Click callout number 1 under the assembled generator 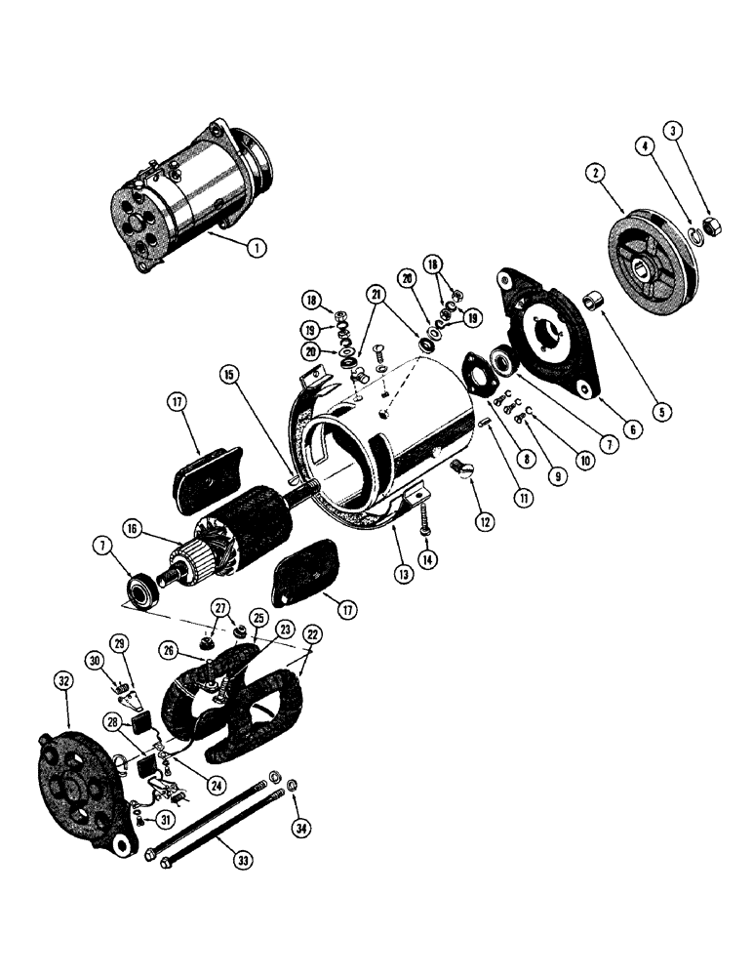point(256,248)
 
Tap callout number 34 point(300,829)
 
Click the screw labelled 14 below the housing point(425,521)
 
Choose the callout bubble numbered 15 point(227,375)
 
